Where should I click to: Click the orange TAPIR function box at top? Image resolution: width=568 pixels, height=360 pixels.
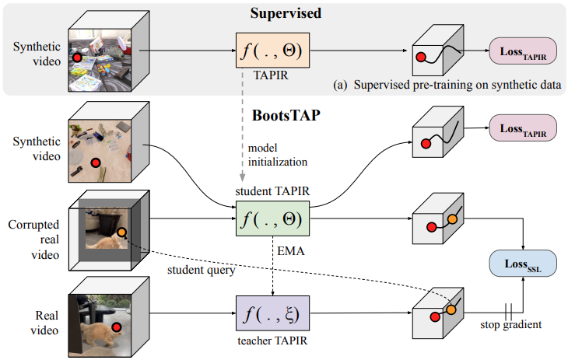point(272,52)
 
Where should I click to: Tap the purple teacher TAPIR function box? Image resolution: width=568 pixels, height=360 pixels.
point(272,317)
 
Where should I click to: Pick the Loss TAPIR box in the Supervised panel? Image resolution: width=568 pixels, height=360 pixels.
point(521,52)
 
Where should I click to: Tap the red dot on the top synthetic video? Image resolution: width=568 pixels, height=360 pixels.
point(77,58)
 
